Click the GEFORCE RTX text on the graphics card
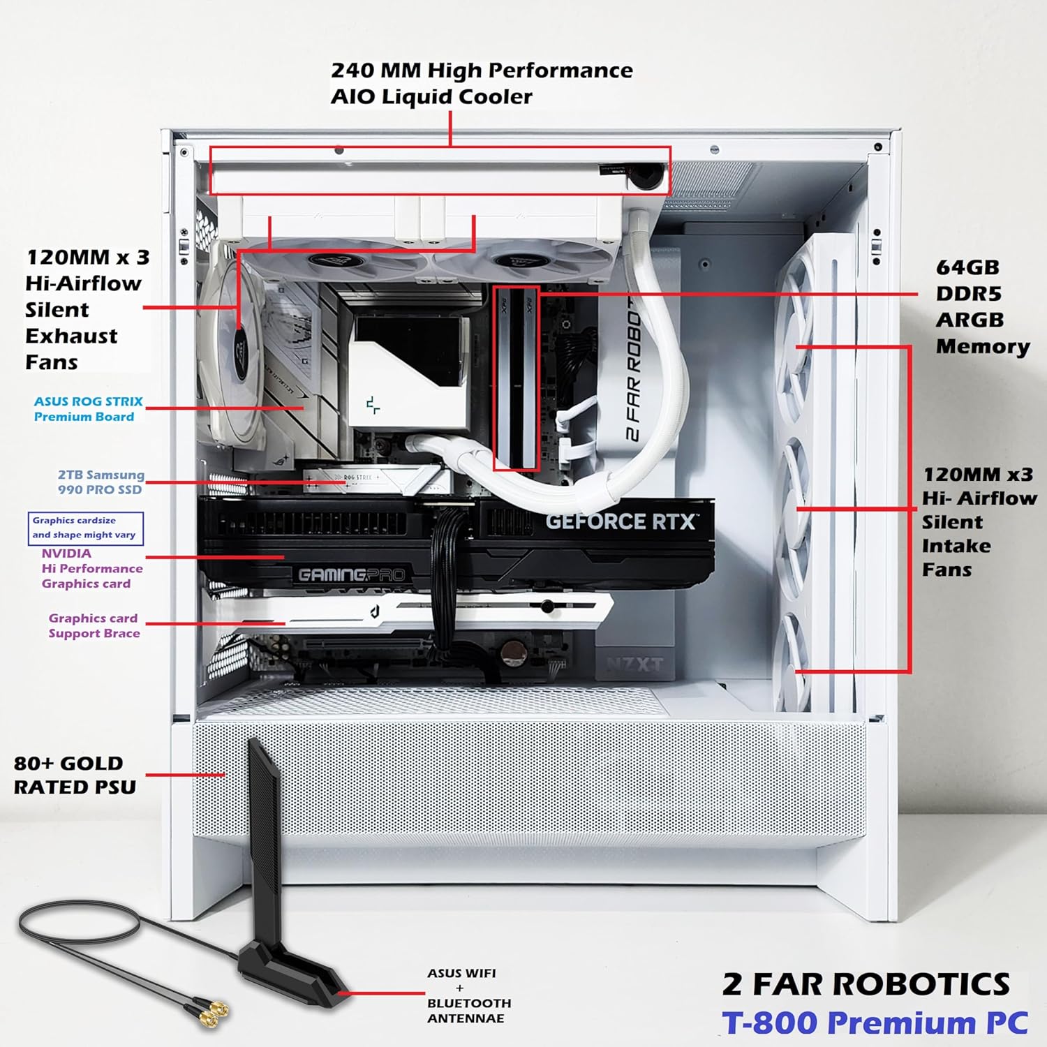tap(621, 521)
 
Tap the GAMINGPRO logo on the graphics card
tap(351, 574)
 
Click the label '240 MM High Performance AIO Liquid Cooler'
tap(482, 83)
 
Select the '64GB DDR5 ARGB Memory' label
tap(982, 306)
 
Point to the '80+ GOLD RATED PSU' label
tap(75, 775)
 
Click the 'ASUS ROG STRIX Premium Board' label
tap(88, 409)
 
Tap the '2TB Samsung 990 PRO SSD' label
tap(101, 482)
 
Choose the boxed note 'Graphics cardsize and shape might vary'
tap(85, 528)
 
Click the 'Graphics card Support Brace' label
tap(94, 625)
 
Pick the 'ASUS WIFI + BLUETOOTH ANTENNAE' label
tap(468, 995)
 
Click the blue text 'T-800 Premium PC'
tap(875, 1023)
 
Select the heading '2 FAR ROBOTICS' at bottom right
tap(866, 984)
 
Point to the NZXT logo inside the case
tap(634, 664)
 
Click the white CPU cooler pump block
tap(408, 371)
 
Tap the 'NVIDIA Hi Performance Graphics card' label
tap(91, 568)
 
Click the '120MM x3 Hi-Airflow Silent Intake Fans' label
tap(979, 522)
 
